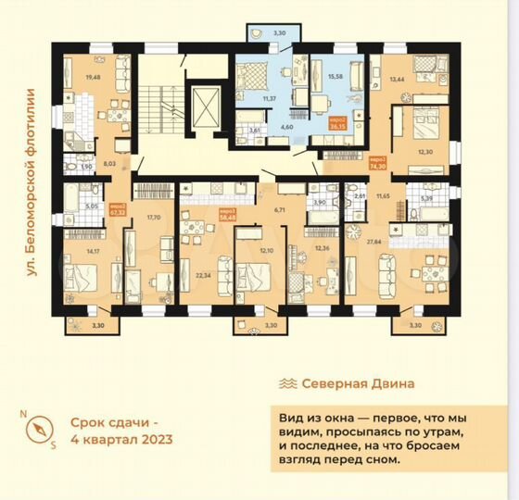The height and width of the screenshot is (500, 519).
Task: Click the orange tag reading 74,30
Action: tap(378, 164)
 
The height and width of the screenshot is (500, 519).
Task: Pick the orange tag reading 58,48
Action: tap(227, 212)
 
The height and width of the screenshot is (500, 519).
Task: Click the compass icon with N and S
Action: tap(39, 430)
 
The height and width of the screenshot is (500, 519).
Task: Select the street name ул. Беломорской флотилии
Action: tap(30, 182)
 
